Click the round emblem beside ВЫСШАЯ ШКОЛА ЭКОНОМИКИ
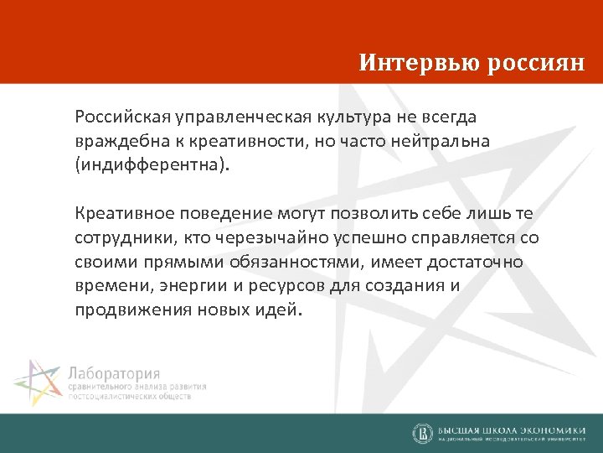(x=422, y=433)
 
